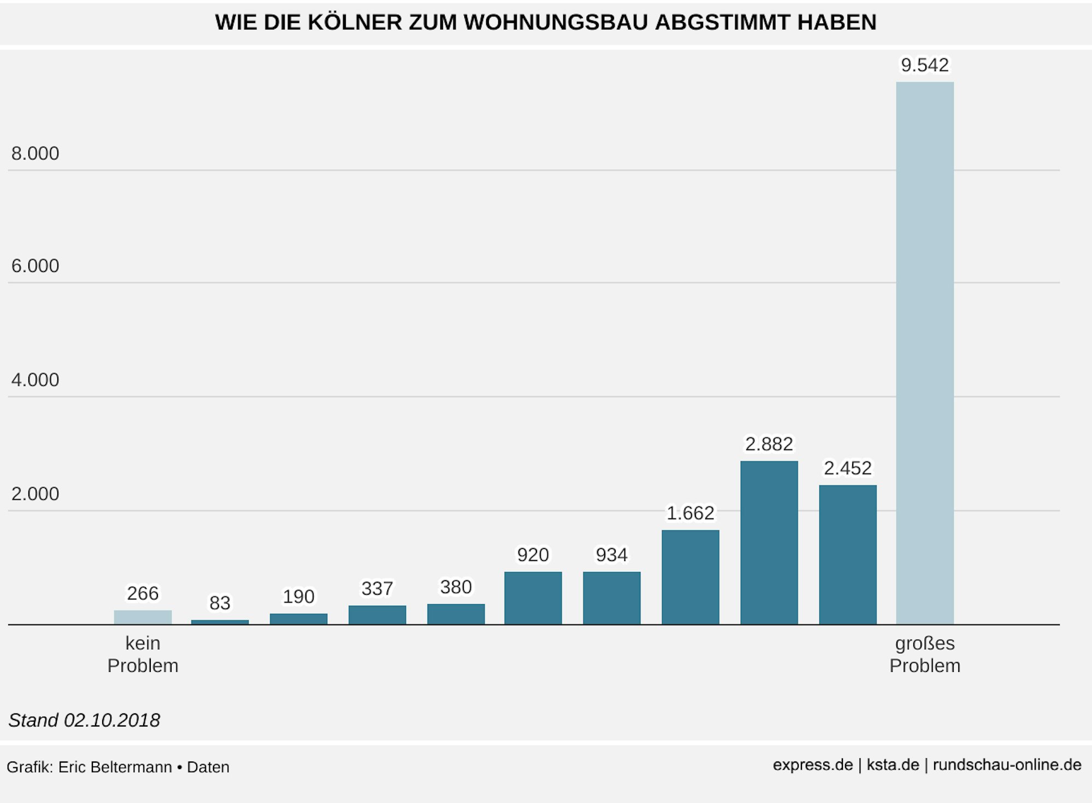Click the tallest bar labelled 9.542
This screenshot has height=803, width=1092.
[924, 353]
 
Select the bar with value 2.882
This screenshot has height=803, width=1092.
[769, 542]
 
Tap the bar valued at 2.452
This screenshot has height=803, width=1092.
[847, 554]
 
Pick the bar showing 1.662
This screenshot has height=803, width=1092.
[690, 577]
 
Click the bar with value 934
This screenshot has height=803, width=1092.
[611, 598]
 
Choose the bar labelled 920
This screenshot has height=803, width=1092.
[533, 598]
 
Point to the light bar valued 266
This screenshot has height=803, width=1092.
[143, 617]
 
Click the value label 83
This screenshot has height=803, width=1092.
[220, 603]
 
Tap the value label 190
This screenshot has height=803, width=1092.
[298, 597]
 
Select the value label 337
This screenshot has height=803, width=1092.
[377, 589]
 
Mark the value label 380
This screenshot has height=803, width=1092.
[456, 587]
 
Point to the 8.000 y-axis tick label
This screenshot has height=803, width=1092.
[35, 153]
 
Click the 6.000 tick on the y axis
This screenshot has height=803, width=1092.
[35, 266]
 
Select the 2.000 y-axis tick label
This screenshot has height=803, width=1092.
[35, 494]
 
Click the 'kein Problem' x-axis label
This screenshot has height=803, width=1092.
[143, 654]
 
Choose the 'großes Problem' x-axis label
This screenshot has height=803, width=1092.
[924, 654]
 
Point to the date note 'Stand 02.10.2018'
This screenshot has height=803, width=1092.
[84, 721]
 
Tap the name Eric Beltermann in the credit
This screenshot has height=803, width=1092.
[115, 767]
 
